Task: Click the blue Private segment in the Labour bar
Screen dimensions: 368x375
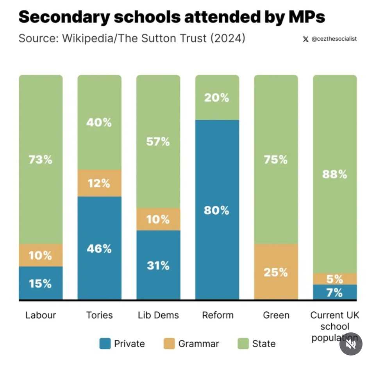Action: pos(41,283)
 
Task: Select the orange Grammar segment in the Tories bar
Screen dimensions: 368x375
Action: pos(99,183)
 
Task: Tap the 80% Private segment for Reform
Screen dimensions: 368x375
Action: pos(217,210)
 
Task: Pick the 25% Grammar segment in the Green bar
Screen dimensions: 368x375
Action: pos(276,272)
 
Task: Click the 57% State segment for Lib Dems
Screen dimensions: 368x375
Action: pos(158,142)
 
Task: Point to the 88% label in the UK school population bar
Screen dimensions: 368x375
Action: pos(335,174)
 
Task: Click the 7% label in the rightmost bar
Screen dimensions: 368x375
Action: pos(335,293)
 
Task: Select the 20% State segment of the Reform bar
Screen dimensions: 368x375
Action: pos(217,98)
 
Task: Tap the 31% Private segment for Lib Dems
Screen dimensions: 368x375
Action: pos(158,266)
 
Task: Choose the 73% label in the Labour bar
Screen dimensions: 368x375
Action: pos(41,160)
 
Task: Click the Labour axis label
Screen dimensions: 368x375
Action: pos(41,315)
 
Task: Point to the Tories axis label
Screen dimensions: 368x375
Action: pos(99,315)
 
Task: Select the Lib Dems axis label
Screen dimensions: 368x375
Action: pos(158,315)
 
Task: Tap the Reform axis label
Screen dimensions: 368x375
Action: pos(218,315)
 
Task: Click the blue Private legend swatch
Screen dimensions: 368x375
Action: pos(105,344)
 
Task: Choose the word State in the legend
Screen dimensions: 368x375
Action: pos(264,344)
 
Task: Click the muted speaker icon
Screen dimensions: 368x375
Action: pos(350,344)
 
